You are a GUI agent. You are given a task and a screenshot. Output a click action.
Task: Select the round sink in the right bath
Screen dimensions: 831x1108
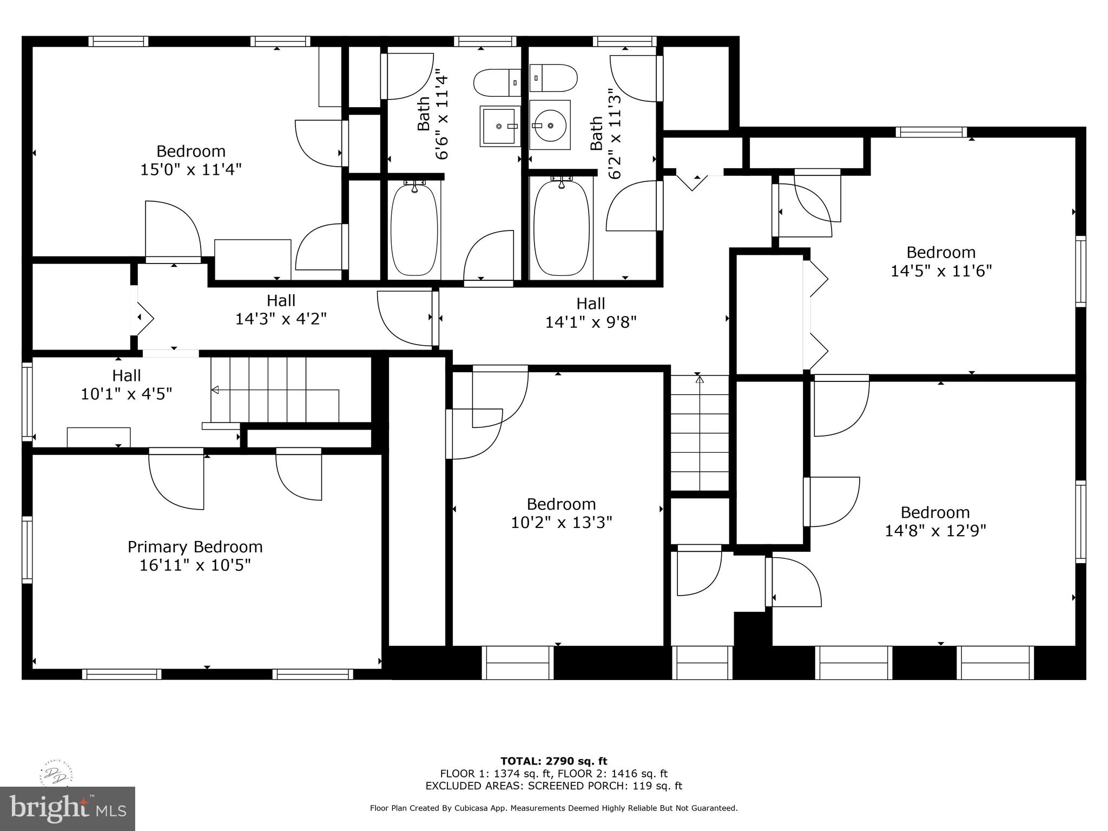pos(550,125)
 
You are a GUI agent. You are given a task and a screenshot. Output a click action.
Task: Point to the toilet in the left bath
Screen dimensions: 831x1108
pos(497,83)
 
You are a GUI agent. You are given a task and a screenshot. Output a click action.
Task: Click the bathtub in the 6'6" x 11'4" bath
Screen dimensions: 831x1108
pos(414,230)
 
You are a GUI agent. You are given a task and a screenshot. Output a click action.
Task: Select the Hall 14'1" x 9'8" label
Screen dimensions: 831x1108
pos(590,313)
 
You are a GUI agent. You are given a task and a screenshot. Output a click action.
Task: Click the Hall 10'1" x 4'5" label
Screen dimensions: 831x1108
pos(127,385)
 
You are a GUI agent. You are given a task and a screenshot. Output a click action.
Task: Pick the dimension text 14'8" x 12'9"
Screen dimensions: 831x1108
pos(935,531)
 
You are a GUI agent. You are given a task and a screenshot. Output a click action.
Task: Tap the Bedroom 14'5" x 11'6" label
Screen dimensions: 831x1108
pos(941,261)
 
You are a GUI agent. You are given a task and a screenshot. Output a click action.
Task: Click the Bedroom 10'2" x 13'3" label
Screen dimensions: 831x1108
pos(561,513)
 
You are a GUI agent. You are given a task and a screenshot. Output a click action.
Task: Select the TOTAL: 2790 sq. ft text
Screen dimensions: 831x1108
pos(553,761)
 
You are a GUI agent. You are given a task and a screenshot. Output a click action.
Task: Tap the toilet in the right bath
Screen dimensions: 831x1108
pos(553,78)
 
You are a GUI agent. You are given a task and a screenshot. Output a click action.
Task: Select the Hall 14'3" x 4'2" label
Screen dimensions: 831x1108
pos(281,309)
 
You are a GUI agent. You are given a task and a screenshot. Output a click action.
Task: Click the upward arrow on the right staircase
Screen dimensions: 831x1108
pos(700,380)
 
